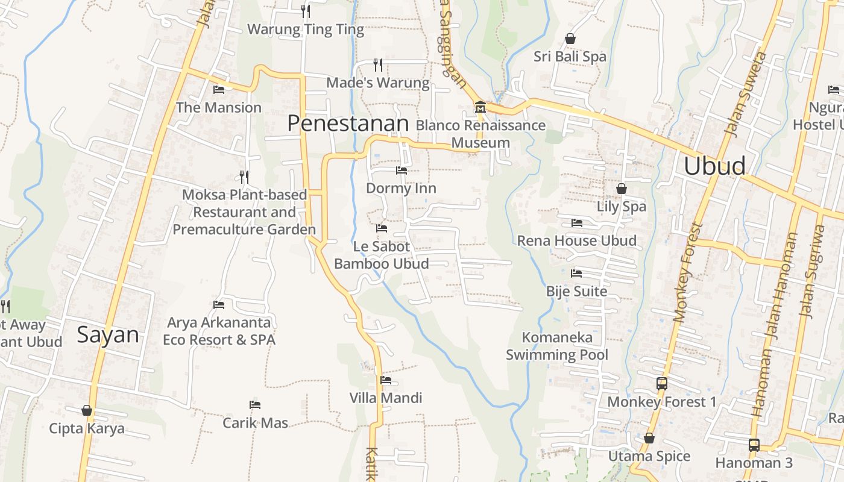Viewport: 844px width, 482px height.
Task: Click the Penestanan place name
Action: [x=348, y=124]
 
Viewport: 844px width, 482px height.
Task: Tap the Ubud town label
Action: [x=714, y=166]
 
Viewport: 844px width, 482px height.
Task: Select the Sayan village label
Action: [x=108, y=335]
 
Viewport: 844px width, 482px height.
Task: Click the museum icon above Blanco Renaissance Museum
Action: [x=480, y=107]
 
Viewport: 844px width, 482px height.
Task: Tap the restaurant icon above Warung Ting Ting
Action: [x=306, y=11]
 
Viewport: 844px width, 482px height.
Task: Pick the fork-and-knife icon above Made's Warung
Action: [x=378, y=64]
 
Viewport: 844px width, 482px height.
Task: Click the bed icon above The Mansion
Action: [x=219, y=90]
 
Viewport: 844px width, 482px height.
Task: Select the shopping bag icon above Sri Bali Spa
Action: [x=570, y=39]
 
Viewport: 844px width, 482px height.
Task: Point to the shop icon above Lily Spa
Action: [x=622, y=189]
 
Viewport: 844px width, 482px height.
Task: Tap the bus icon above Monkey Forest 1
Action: [x=661, y=383]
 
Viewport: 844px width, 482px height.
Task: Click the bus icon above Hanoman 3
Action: [x=754, y=445]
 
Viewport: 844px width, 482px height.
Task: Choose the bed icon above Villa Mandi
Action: [x=386, y=380]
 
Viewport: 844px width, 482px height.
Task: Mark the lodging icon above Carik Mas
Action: [x=255, y=405]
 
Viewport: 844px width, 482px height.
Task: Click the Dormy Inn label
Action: [x=401, y=189]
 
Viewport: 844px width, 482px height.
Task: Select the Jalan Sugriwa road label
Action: [x=811, y=271]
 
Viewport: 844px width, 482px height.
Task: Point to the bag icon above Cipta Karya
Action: [x=87, y=410]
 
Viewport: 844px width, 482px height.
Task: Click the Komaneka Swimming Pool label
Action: [x=557, y=346]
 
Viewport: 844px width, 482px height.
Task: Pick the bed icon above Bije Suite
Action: [x=576, y=274]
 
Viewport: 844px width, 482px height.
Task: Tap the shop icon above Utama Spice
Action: [x=649, y=438]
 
